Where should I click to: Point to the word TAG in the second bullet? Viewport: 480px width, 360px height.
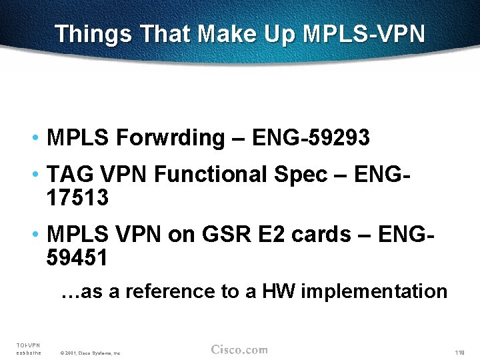pyautogui.click(x=71, y=174)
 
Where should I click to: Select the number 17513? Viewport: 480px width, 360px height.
pyautogui.click(x=77, y=198)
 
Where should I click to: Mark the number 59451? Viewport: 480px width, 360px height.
pyautogui.click(x=77, y=257)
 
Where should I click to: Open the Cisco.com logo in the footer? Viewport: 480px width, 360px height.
pyautogui.click(x=239, y=350)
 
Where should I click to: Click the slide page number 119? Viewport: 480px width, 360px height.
pyautogui.click(x=459, y=352)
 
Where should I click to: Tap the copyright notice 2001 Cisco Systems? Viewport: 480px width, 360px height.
pyautogui.click(x=90, y=353)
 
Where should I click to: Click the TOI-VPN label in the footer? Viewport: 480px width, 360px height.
pyautogui.click(x=28, y=345)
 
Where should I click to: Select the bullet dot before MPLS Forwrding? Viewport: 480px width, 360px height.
pyautogui.click(x=33, y=138)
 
